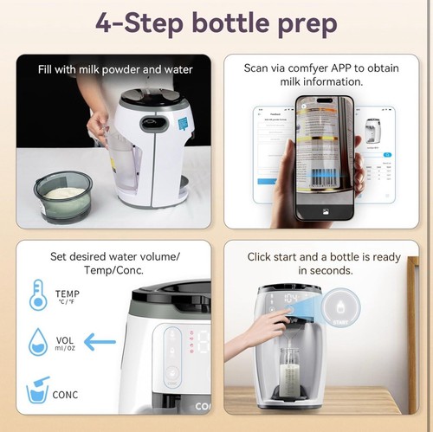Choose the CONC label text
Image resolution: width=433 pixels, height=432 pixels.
tap(66, 395)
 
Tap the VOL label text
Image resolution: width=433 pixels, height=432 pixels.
tap(63, 341)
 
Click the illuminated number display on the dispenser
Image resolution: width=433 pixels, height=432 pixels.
tap(293, 297)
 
